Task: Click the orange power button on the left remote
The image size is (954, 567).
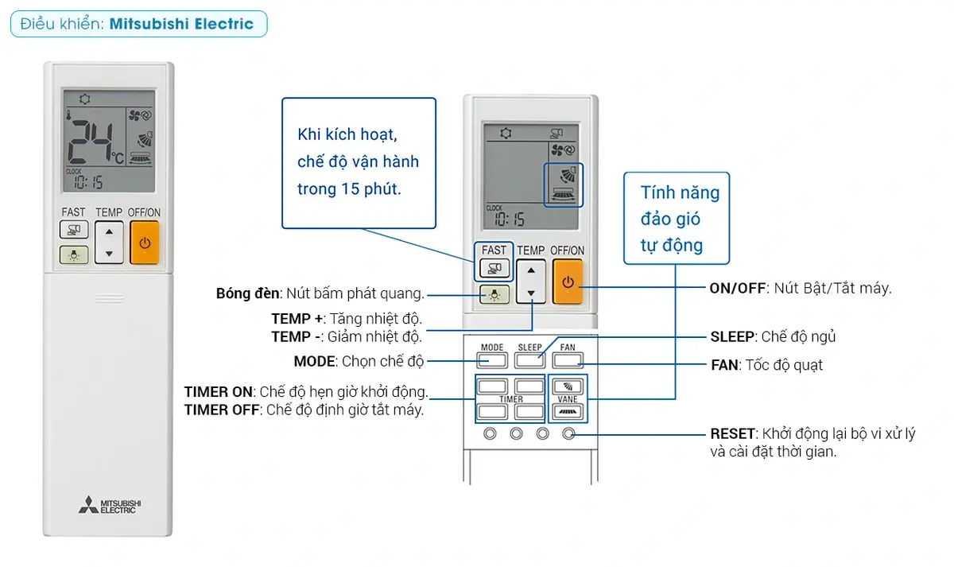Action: pyautogui.click(x=144, y=243)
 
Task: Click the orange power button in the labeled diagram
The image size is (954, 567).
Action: pyautogui.click(x=568, y=282)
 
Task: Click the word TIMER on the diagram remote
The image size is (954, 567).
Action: pyautogui.click(x=510, y=399)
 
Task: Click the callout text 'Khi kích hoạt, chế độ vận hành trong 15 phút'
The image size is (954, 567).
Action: pyautogui.click(x=358, y=162)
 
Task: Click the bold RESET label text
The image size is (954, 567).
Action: pyautogui.click(x=732, y=434)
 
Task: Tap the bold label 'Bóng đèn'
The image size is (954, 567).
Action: pyautogui.click(x=247, y=293)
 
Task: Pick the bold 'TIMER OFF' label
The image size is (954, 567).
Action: pyautogui.click(x=222, y=410)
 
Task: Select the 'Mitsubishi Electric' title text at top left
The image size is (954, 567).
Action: pyautogui.click(x=181, y=24)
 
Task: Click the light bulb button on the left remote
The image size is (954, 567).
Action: pyautogui.click(x=73, y=255)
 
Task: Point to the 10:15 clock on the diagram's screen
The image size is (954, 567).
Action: pyautogui.click(x=510, y=218)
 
